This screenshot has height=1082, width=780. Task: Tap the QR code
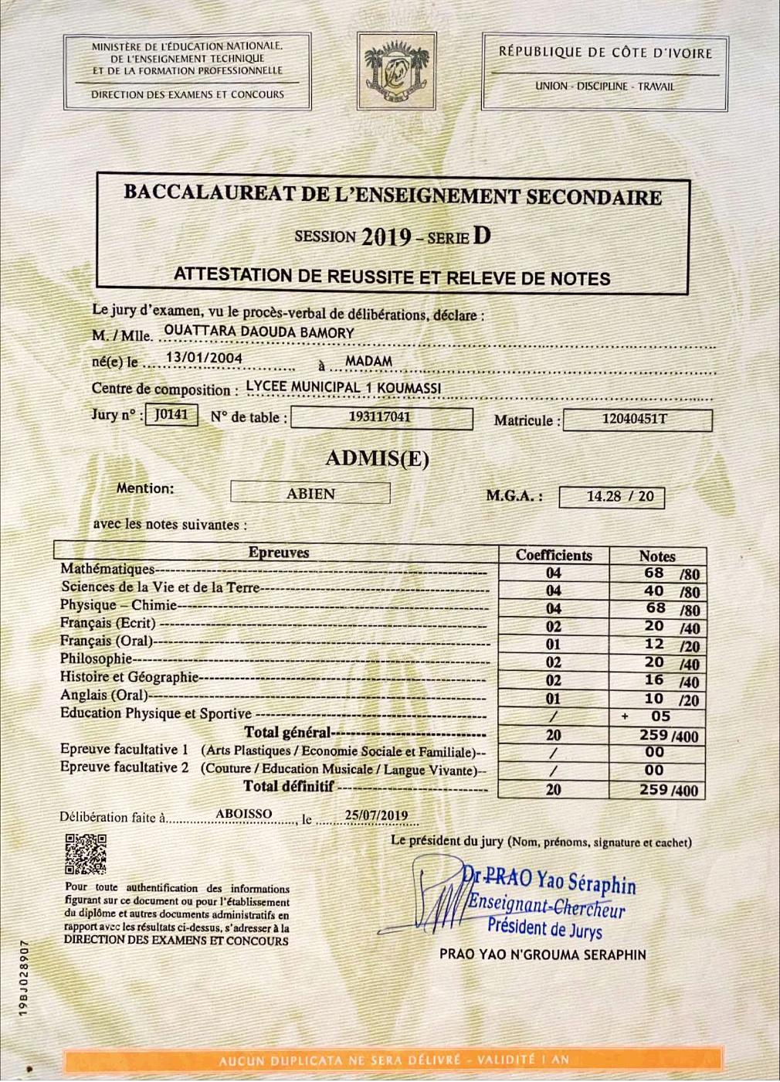point(86,854)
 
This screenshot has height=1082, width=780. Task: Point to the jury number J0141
point(172,414)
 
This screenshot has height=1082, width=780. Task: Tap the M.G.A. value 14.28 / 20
point(610,496)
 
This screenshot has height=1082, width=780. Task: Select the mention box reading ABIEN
point(310,493)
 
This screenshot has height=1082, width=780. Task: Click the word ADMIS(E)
point(377,458)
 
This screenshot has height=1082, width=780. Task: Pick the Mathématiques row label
point(108,570)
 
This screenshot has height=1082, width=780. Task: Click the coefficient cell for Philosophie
point(554,662)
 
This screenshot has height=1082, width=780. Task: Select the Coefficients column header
point(554,555)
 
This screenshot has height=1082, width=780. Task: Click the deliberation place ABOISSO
point(243,814)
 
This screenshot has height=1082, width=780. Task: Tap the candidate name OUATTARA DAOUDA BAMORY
point(259,333)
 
